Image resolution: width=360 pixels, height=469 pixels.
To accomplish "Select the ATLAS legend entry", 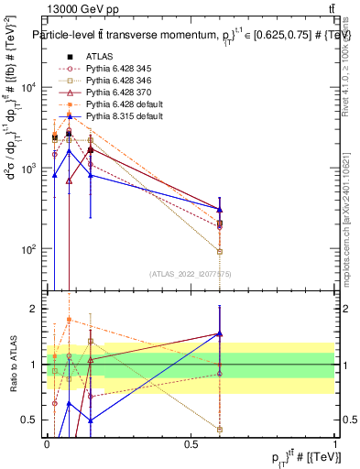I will coord(100,56).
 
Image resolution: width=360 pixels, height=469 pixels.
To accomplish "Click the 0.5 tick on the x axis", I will coord(191,443).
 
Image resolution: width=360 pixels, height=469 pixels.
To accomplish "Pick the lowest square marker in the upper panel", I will coord(220,251).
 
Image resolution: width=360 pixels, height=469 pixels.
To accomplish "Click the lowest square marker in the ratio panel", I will coord(220,429).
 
